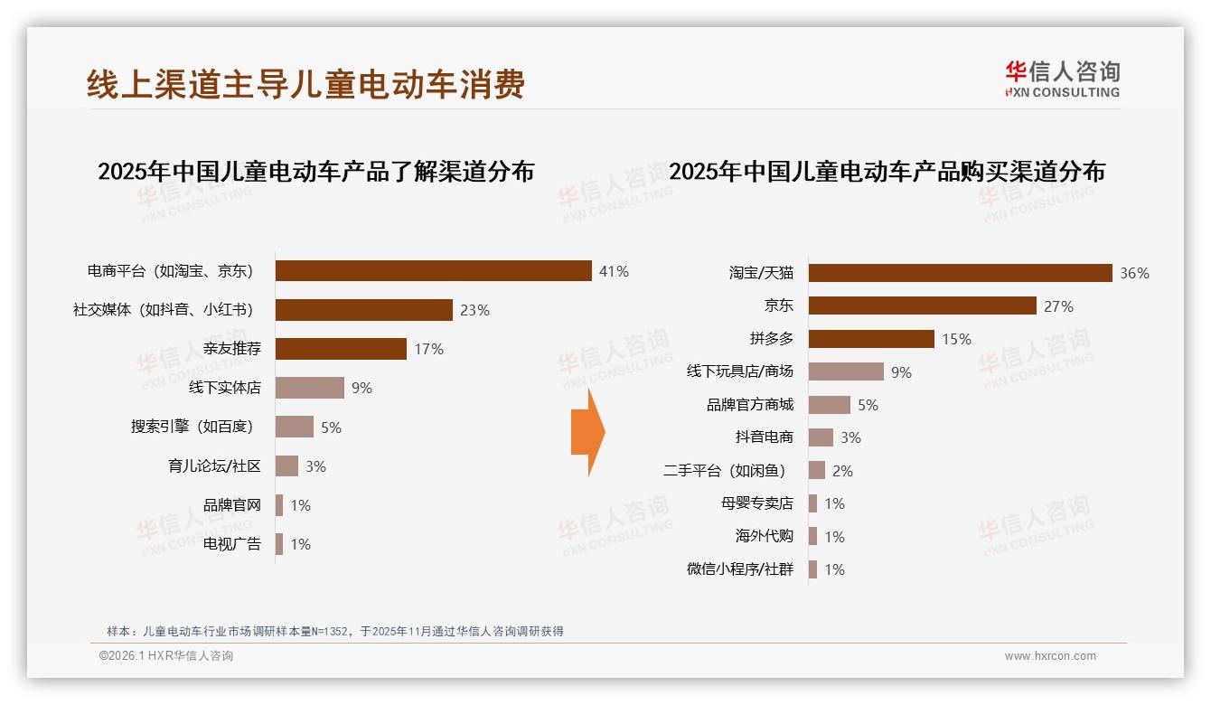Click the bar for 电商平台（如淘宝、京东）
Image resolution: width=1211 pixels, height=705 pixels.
click(433, 271)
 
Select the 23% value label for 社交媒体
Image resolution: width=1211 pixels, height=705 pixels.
click(474, 310)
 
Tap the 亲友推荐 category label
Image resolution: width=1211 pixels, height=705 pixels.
click(232, 349)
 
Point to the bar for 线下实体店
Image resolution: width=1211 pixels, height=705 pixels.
click(309, 388)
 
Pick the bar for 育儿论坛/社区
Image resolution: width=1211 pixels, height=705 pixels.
click(286, 465)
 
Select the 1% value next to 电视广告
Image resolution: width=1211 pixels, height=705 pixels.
click(300, 544)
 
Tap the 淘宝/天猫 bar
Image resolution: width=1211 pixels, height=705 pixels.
click(960, 273)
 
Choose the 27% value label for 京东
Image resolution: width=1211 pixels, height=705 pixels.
click(1058, 306)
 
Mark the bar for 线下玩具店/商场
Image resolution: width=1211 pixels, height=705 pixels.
click(846, 371)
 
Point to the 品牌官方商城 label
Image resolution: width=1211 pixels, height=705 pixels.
click(749, 405)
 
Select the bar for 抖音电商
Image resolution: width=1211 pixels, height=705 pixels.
click(821, 437)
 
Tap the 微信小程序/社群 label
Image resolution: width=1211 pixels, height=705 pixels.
click(739, 569)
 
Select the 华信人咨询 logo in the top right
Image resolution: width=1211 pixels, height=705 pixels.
click(1062, 79)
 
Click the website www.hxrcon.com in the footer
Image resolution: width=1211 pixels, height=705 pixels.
click(1050, 656)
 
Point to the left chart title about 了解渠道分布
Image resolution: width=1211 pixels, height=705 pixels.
click(315, 172)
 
